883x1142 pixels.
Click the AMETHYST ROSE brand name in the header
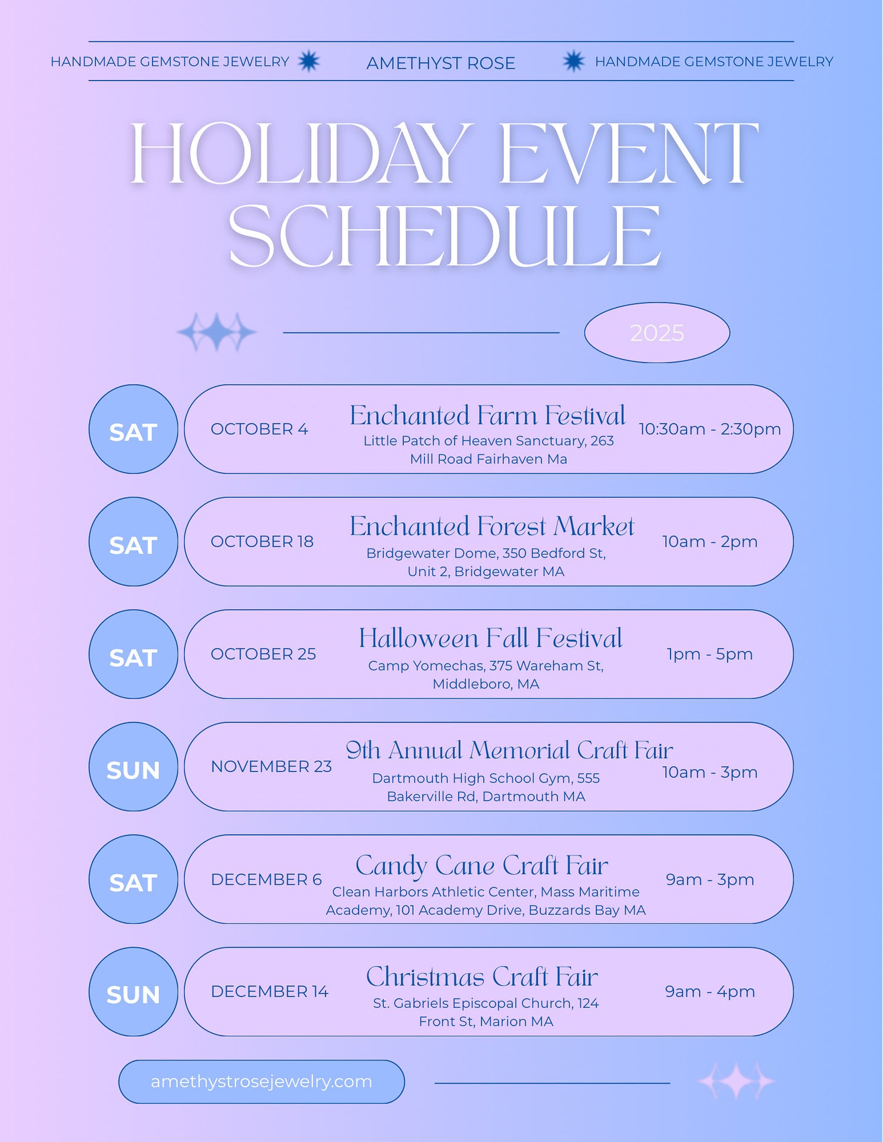[441, 63]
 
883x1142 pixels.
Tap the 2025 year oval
[657, 333]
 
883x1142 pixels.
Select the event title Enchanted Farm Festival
[487, 415]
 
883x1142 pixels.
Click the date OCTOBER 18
[262, 541]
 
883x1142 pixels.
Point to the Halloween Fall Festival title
[490, 638]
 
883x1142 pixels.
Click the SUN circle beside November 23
[133, 767]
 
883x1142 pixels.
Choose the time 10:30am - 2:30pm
[710, 429]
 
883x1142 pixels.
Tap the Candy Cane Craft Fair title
[482, 866]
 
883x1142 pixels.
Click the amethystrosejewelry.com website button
[261, 1081]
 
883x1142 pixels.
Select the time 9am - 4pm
[710, 991]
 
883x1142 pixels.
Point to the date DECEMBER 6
[266, 879]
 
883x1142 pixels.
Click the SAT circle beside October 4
[133, 429]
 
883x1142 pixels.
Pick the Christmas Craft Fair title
[482, 977]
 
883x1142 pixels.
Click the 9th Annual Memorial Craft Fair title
[509, 750]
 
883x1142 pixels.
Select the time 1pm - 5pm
[710, 654]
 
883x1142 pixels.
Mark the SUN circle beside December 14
[133, 991]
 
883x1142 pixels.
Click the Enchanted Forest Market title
[492, 526]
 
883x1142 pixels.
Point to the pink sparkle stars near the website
[736, 1081]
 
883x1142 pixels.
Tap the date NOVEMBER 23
[271, 766]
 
